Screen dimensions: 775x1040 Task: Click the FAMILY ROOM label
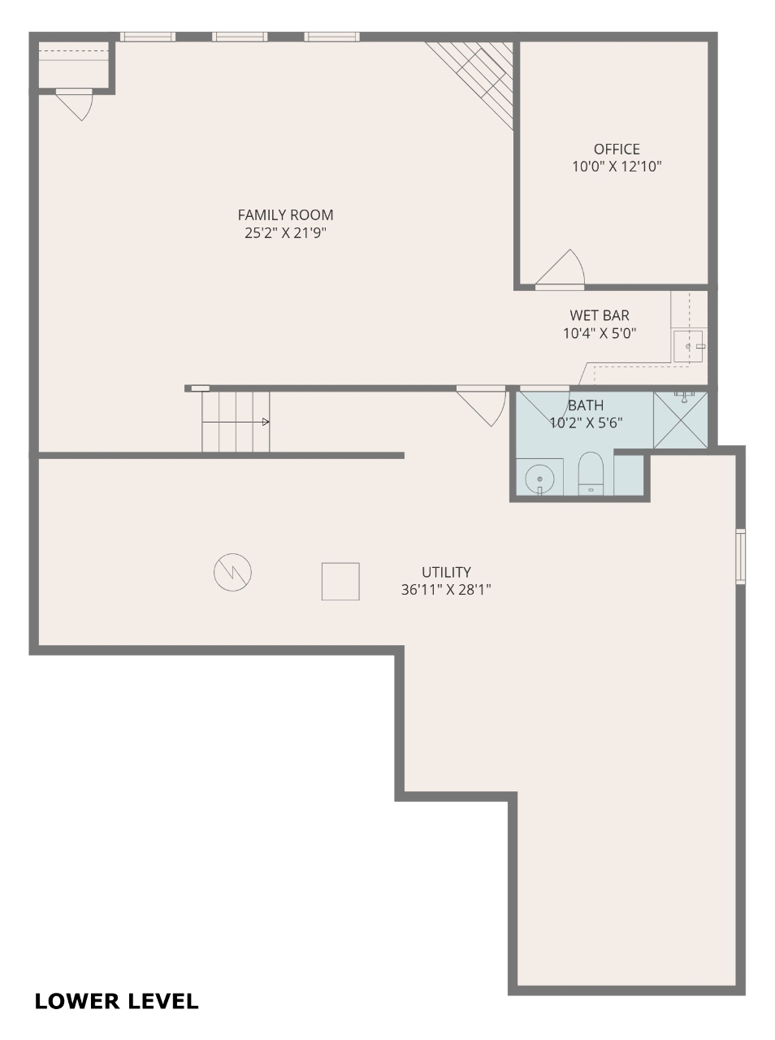pyautogui.click(x=285, y=215)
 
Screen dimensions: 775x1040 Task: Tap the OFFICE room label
pyautogui.click(x=617, y=149)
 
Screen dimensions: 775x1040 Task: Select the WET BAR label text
pyautogui.click(x=600, y=315)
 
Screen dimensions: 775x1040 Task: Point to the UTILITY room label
pyautogui.click(x=446, y=572)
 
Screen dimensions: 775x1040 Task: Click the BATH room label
pyautogui.click(x=586, y=405)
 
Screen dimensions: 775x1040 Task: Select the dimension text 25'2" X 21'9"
pyautogui.click(x=285, y=233)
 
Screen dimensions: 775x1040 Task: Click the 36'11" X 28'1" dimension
pyautogui.click(x=446, y=590)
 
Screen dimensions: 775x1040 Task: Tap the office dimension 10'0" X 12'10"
pyautogui.click(x=617, y=167)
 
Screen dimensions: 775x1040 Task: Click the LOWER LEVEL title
pyautogui.click(x=116, y=1002)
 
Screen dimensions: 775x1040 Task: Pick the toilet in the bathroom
pyautogui.click(x=591, y=474)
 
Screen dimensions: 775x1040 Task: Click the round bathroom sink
pyautogui.click(x=539, y=479)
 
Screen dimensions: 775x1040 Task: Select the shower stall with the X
pyautogui.click(x=680, y=420)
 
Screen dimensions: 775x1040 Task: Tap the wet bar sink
pyautogui.click(x=688, y=346)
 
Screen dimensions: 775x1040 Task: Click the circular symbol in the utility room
pyautogui.click(x=232, y=572)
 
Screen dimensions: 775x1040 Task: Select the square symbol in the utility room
pyautogui.click(x=340, y=582)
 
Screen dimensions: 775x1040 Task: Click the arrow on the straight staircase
pyautogui.click(x=236, y=422)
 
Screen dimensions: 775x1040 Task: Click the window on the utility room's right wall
pyautogui.click(x=740, y=557)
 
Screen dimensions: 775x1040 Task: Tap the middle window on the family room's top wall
pyautogui.click(x=240, y=37)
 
